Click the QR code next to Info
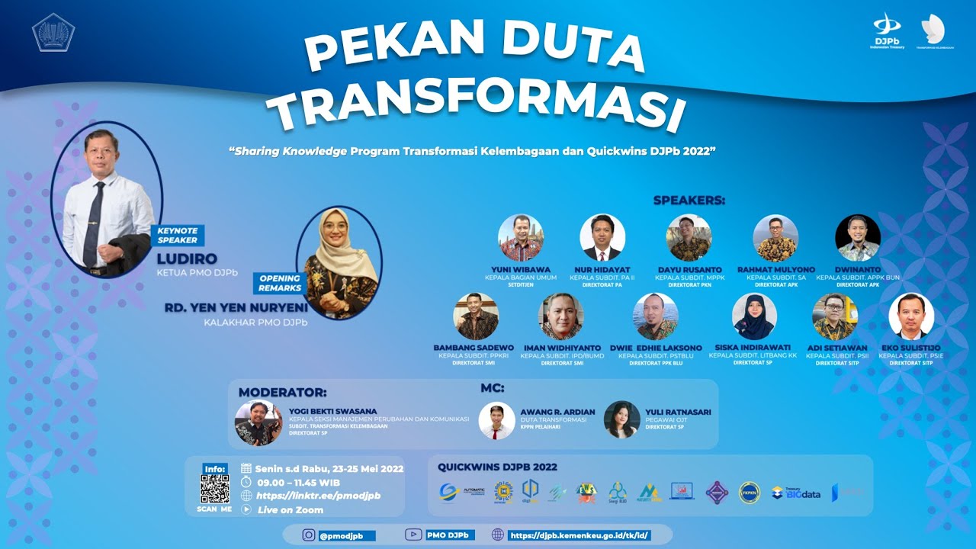coord(214,489)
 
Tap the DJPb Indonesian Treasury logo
coord(887,30)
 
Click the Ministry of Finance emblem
coord(53,32)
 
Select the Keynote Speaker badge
coord(177,235)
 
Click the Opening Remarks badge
coord(280,284)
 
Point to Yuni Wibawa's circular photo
coord(521,238)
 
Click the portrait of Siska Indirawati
coord(754,316)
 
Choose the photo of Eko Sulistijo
coord(911,316)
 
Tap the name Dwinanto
coord(858,270)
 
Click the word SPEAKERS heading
coord(689,201)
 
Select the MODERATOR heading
coord(282,393)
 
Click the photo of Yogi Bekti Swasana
coord(258,422)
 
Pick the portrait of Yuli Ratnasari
coord(622,420)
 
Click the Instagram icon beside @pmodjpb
coord(308,535)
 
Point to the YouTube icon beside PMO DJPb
coord(414,535)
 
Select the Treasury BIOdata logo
coord(796,493)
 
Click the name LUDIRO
coord(187,258)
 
